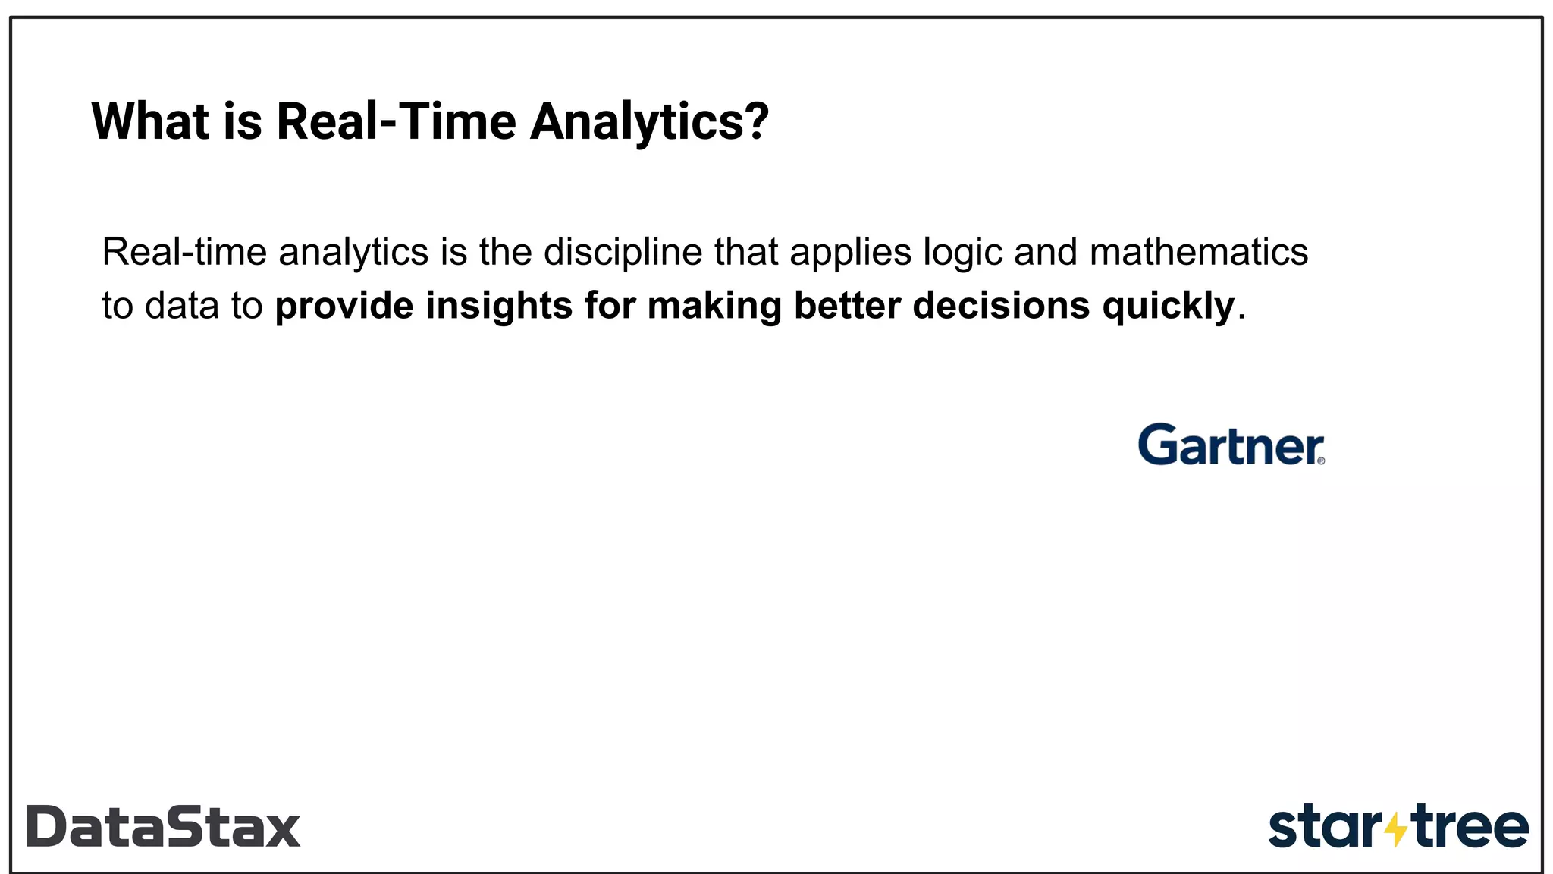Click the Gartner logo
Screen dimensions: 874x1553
click(1230, 445)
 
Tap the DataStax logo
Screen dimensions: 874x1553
click(164, 826)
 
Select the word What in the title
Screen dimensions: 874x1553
click(150, 121)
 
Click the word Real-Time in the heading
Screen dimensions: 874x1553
click(396, 121)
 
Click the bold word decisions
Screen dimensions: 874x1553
click(1001, 306)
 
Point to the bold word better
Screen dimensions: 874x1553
click(847, 306)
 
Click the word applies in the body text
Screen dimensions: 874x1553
click(850, 253)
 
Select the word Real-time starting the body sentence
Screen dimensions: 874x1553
click(184, 252)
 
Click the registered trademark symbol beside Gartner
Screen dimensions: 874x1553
click(1321, 461)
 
